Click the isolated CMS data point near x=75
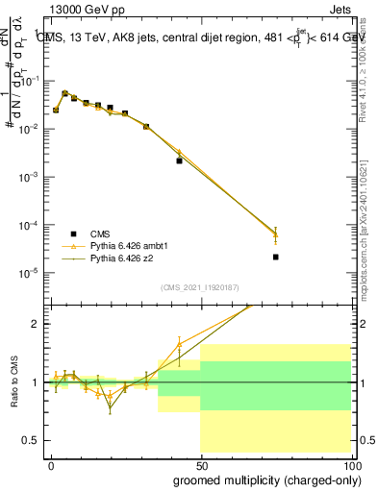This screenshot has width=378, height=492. pyautogui.click(x=276, y=257)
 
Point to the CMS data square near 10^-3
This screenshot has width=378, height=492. pyautogui.click(x=179, y=160)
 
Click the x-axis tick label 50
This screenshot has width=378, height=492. pyautogui.click(x=200, y=465)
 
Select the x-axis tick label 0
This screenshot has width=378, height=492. pyautogui.click(x=51, y=465)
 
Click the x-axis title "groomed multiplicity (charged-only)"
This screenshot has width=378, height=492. pyautogui.click(x=264, y=480)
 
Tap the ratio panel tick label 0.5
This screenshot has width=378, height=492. pyautogui.click(x=34, y=440)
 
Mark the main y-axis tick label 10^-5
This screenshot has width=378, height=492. pyautogui.click(x=32, y=273)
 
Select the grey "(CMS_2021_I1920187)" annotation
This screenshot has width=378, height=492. pyautogui.click(x=199, y=287)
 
